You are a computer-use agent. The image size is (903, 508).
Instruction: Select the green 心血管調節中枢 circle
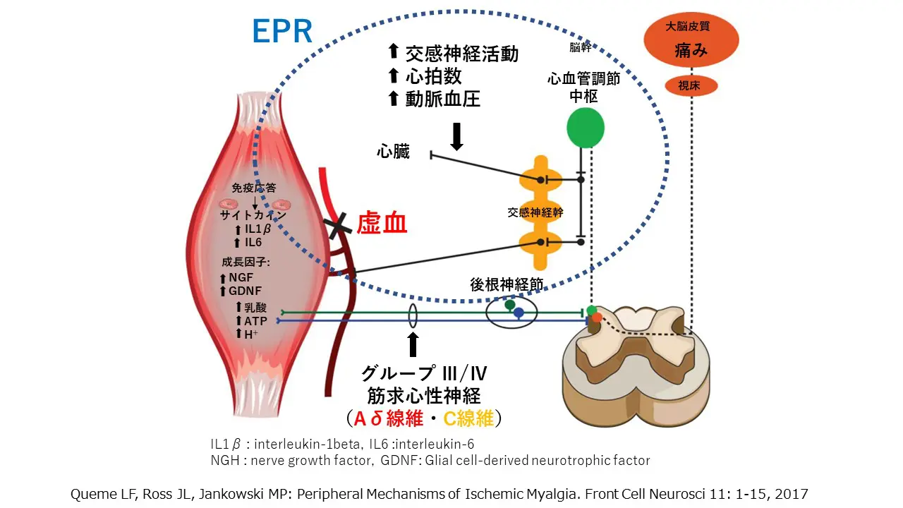tap(586, 128)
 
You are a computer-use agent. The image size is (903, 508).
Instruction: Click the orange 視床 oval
tap(691, 86)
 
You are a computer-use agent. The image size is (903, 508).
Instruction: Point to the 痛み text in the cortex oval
tap(691, 51)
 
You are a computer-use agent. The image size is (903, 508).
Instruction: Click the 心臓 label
tap(393, 152)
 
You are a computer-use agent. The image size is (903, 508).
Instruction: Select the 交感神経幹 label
tap(535, 212)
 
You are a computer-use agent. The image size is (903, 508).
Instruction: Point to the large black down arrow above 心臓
tap(456, 136)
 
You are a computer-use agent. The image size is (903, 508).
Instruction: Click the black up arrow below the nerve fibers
tap(413, 344)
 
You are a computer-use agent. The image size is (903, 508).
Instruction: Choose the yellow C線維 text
tap(468, 418)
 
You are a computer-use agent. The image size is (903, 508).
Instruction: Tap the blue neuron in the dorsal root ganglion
tap(519, 313)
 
